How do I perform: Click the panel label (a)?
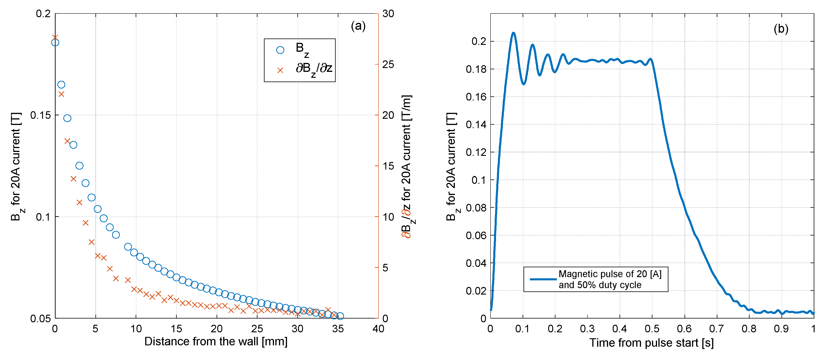tap(358, 26)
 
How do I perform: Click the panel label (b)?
tap(781, 29)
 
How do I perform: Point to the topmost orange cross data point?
tap(55, 38)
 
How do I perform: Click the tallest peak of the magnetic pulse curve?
tap(514, 33)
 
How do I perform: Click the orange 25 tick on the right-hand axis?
tap(388, 64)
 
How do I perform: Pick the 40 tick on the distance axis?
tap(378, 329)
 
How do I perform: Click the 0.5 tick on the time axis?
tap(652, 329)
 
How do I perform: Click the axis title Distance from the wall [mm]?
tap(216, 341)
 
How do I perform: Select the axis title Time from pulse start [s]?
tap(651, 343)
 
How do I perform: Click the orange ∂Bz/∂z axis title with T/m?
tap(406, 166)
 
